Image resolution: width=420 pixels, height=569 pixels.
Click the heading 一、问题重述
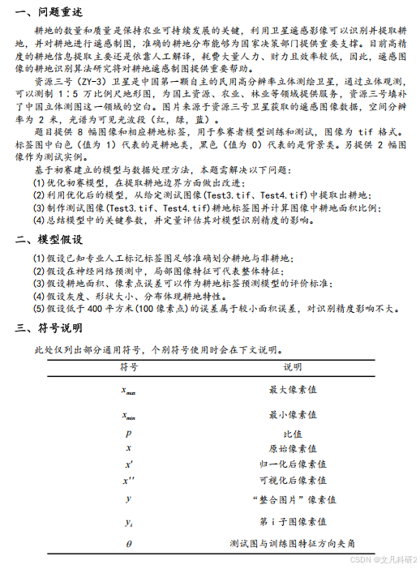[49, 11]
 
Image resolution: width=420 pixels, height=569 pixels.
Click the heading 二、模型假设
[49, 240]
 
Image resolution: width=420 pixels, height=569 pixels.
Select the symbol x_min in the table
[128, 417]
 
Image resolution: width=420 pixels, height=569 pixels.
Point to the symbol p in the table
[128, 434]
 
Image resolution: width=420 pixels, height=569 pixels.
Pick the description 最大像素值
[292, 390]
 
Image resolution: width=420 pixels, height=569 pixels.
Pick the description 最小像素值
[292, 416]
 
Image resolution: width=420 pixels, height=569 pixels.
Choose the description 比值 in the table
[292, 434]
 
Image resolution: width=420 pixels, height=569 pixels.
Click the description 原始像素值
[292, 448]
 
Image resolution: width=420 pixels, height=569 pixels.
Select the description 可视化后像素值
[292, 480]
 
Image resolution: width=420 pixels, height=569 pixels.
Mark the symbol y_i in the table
[128, 522]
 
